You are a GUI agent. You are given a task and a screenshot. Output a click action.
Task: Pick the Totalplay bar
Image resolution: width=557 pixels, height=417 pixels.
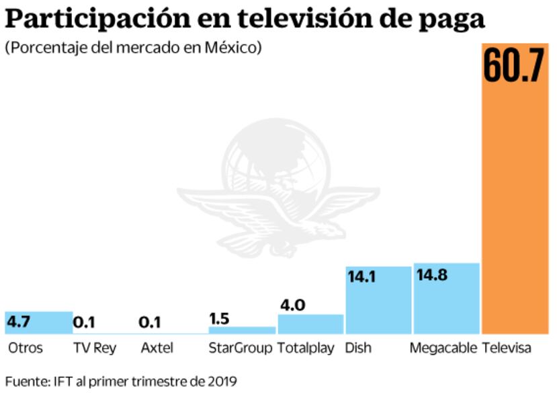310,324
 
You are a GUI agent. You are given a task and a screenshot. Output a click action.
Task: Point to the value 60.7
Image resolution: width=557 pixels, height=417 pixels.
515,65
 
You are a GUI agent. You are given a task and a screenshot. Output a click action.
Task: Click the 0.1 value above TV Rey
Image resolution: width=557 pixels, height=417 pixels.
84,323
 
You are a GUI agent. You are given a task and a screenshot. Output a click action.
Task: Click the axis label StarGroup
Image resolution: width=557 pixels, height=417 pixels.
240,348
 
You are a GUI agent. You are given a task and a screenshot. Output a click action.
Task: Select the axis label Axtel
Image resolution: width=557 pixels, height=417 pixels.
157,348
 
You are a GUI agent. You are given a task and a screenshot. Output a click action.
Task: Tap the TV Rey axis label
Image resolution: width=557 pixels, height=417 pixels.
94,348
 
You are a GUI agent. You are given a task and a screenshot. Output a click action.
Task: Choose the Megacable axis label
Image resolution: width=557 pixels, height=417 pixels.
443,348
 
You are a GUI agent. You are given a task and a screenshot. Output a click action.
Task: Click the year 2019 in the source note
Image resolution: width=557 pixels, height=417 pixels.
222,381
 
